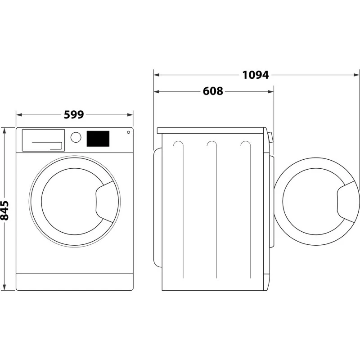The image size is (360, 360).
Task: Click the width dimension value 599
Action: point(74,115)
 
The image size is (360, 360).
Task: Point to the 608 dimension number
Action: point(213,91)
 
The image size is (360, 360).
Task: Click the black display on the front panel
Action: point(98,139)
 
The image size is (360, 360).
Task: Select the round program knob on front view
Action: point(76,137)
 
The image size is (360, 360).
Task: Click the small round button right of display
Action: point(129,132)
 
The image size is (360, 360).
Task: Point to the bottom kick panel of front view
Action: point(75,282)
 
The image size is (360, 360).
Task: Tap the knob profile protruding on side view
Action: point(270,137)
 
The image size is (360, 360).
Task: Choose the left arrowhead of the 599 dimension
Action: point(18,115)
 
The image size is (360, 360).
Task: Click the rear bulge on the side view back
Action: point(157,207)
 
